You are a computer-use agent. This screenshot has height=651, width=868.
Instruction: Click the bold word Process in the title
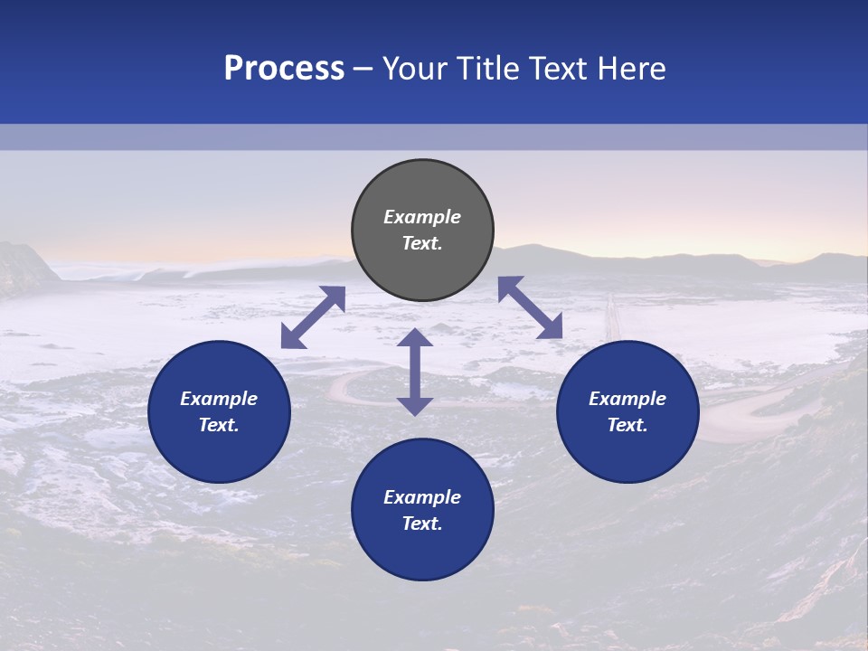point(284,69)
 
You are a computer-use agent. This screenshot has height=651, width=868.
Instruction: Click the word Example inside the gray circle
point(422,217)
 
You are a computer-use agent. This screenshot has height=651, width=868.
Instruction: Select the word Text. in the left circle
point(219,425)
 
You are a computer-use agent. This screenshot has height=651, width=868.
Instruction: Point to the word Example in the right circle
point(627,399)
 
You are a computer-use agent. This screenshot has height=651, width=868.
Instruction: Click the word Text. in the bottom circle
point(422,524)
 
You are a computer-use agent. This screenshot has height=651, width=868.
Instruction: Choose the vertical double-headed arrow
point(415,372)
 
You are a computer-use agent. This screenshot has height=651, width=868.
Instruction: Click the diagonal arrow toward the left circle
point(313,317)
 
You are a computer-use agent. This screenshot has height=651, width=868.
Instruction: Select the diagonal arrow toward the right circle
point(530,307)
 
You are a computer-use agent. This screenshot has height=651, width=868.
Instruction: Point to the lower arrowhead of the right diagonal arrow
point(551,328)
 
